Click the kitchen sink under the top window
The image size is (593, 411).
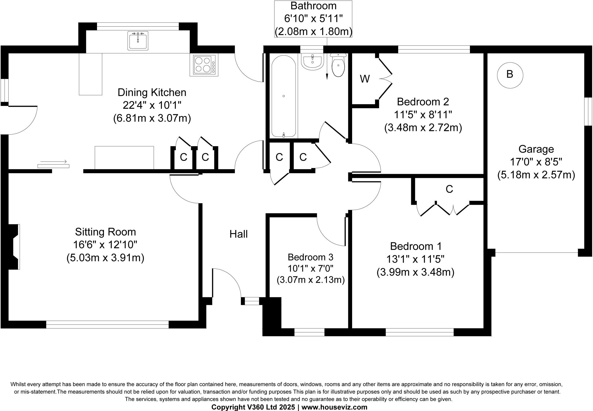pos(138,41)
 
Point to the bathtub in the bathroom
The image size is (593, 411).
pos(283,96)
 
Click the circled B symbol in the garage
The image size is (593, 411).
pos(510,75)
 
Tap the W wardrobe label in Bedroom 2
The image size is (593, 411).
pos(365,79)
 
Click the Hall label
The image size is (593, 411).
pos(238,234)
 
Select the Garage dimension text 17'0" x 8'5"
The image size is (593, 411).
pos(536,162)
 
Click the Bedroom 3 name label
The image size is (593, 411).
pos(310,257)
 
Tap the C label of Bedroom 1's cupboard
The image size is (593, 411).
pos(449,189)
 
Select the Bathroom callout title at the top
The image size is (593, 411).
pos(313,6)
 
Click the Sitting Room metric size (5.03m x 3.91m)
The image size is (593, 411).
pos(105,257)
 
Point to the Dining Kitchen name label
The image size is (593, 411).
pos(152,93)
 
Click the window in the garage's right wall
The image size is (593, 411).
pos(588,111)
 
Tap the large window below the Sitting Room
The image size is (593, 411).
pos(107,324)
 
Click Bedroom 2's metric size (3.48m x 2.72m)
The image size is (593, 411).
pos(423,128)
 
